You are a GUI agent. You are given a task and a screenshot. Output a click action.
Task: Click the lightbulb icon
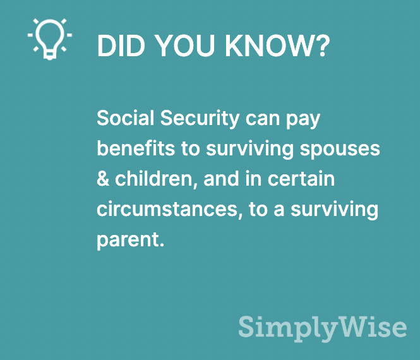pos(50,39)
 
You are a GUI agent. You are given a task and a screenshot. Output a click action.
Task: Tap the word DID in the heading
pos(121,46)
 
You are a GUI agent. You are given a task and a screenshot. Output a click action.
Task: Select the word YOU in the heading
pos(184,46)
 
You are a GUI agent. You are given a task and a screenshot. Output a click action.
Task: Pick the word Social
pos(125,117)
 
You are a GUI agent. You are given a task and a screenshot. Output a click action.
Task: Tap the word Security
pos(200,119)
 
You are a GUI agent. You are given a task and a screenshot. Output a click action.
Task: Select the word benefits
pos(136,148)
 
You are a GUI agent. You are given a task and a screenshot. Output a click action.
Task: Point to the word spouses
pos(340,150)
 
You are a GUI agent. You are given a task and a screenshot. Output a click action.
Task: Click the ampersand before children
pos(103,179)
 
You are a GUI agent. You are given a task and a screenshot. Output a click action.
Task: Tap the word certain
pos(301,179)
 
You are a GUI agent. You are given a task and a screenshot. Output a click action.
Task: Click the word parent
pos(130,241)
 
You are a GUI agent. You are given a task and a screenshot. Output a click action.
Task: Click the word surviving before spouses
pos(250,150)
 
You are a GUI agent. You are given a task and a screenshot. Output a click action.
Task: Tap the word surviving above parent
pos(335,210)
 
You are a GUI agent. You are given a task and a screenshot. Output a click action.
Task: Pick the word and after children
pos(221,179)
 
